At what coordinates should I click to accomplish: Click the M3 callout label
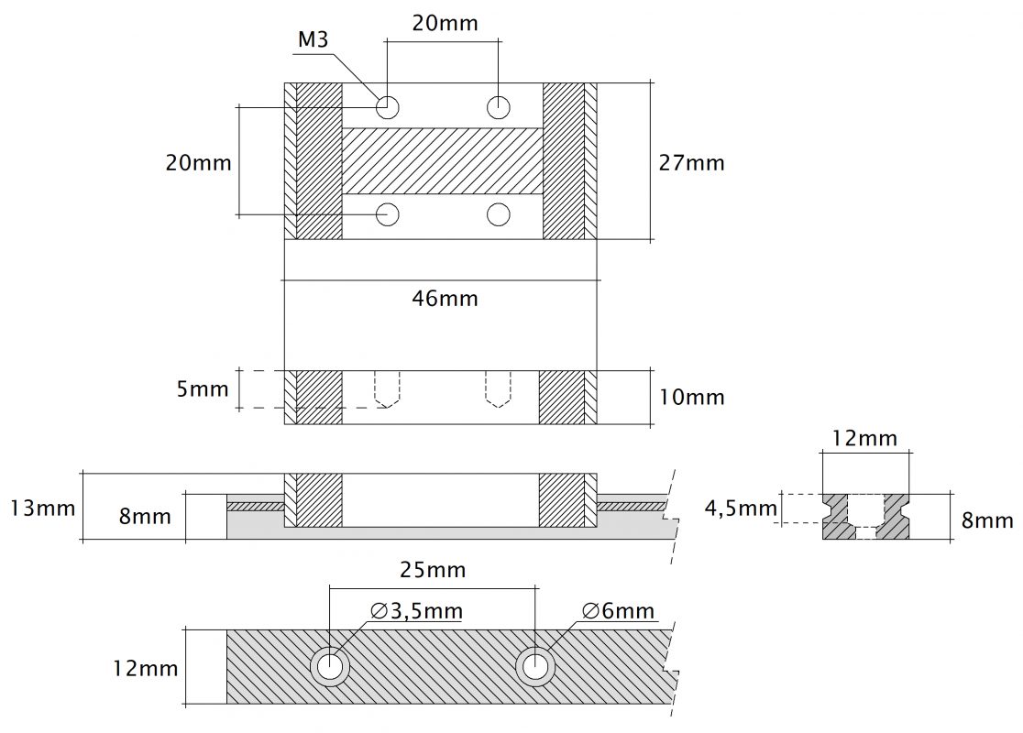313,39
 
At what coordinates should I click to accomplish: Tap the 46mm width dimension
445,299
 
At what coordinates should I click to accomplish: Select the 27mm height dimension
691,162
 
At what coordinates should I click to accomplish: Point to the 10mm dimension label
691,397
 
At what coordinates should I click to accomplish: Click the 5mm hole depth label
203,389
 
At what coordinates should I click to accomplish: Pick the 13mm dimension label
43,508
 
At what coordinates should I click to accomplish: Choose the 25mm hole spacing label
433,570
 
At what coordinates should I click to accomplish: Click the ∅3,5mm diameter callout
416,611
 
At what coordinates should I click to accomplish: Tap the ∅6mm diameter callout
618,611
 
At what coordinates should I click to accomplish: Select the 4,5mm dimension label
742,508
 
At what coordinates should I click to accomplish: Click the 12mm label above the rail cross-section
864,438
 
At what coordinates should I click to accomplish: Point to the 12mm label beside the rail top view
146,669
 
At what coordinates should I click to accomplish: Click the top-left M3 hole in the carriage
388,106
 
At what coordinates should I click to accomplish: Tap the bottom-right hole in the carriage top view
499,213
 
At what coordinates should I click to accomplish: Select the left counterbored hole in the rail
330,666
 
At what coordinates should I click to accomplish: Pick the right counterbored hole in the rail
535,666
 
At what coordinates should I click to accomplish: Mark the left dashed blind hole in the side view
388,389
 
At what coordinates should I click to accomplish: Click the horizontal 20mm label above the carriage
445,23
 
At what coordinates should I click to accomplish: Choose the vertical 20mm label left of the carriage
198,162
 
